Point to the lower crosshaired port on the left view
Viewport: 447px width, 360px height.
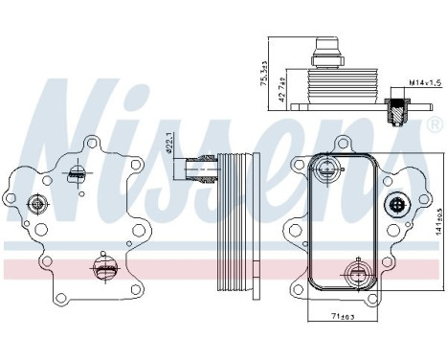tap(101, 268)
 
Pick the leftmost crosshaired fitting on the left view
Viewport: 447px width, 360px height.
tap(38, 204)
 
